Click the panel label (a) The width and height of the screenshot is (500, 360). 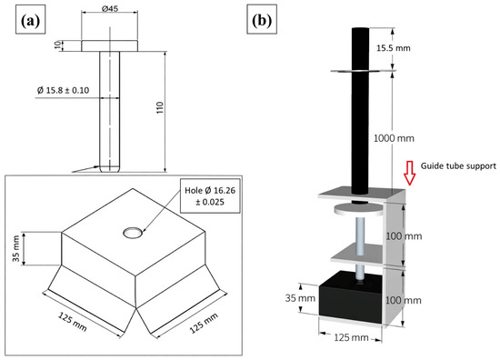[31, 21]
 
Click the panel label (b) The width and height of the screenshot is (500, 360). [262, 21]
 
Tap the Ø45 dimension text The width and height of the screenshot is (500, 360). [110, 8]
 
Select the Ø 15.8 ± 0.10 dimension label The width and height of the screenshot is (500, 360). [63, 90]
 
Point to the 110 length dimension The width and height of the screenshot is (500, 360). [160, 108]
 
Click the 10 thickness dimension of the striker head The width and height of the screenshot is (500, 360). [57, 45]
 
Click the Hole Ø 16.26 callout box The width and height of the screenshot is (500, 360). [210, 196]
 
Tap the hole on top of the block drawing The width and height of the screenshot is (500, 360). [133, 233]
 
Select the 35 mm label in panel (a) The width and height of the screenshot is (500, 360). [16, 249]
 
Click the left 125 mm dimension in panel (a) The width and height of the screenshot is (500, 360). [73, 322]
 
